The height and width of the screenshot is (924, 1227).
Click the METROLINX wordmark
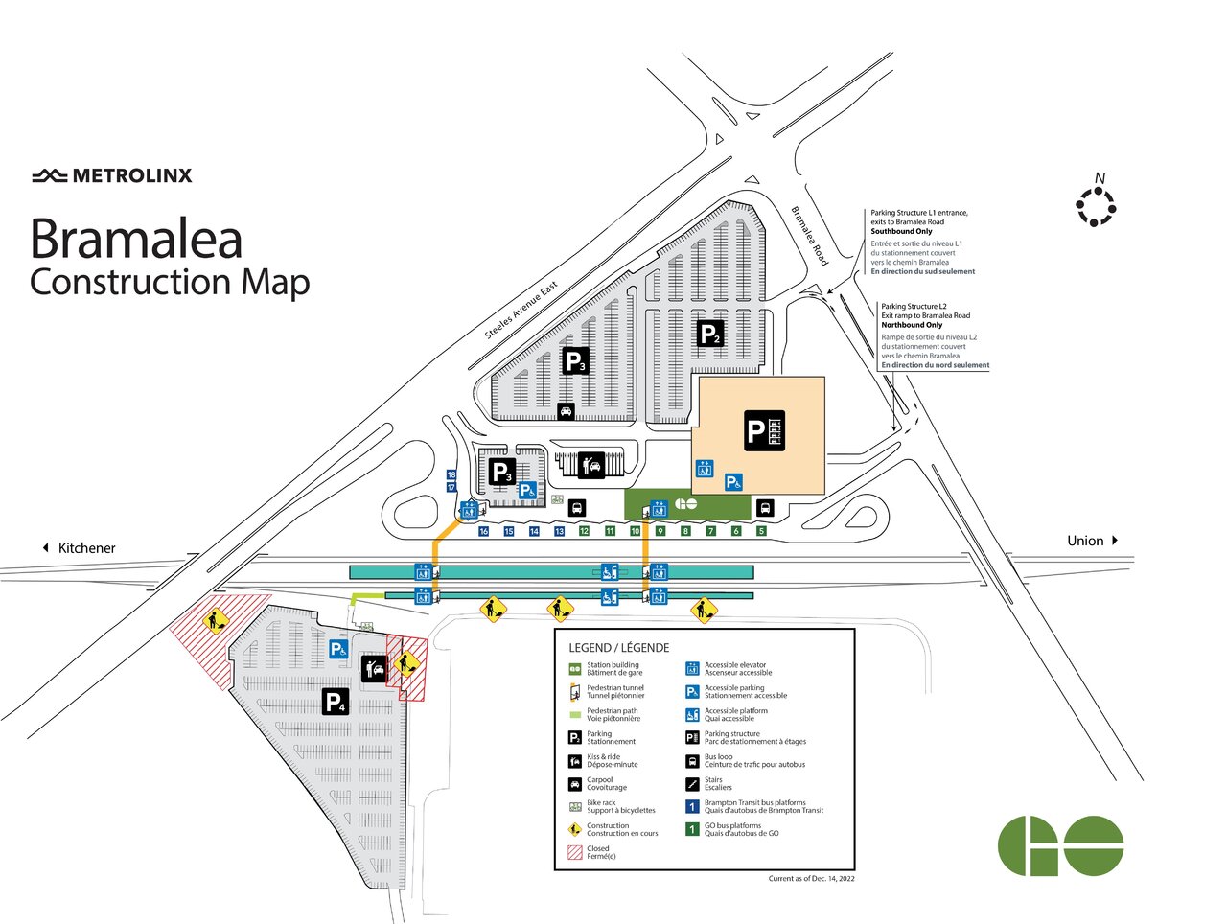click(x=112, y=175)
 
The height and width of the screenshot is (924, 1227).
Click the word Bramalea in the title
click(x=136, y=239)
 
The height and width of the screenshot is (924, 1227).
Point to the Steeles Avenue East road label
click(x=521, y=311)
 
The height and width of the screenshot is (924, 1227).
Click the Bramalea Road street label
click(x=809, y=236)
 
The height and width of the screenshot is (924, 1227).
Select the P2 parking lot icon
click(x=709, y=334)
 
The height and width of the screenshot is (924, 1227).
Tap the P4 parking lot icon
click(x=335, y=702)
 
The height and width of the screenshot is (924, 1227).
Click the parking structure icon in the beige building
click(x=765, y=430)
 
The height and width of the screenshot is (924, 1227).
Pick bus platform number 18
click(x=451, y=474)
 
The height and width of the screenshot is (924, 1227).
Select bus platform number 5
click(x=761, y=531)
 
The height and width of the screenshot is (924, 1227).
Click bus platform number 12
click(x=584, y=531)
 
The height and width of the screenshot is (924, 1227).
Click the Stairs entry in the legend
click(x=718, y=783)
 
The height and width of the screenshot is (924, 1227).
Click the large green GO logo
click(x=1060, y=845)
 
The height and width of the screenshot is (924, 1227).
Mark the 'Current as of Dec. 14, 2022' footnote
click(x=811, y=878)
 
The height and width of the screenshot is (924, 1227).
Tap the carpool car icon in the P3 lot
click(x=566, y=411)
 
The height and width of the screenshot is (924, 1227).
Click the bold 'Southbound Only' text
click(x=901, y=231)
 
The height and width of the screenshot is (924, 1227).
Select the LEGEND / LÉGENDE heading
click(x=618, y=648)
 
